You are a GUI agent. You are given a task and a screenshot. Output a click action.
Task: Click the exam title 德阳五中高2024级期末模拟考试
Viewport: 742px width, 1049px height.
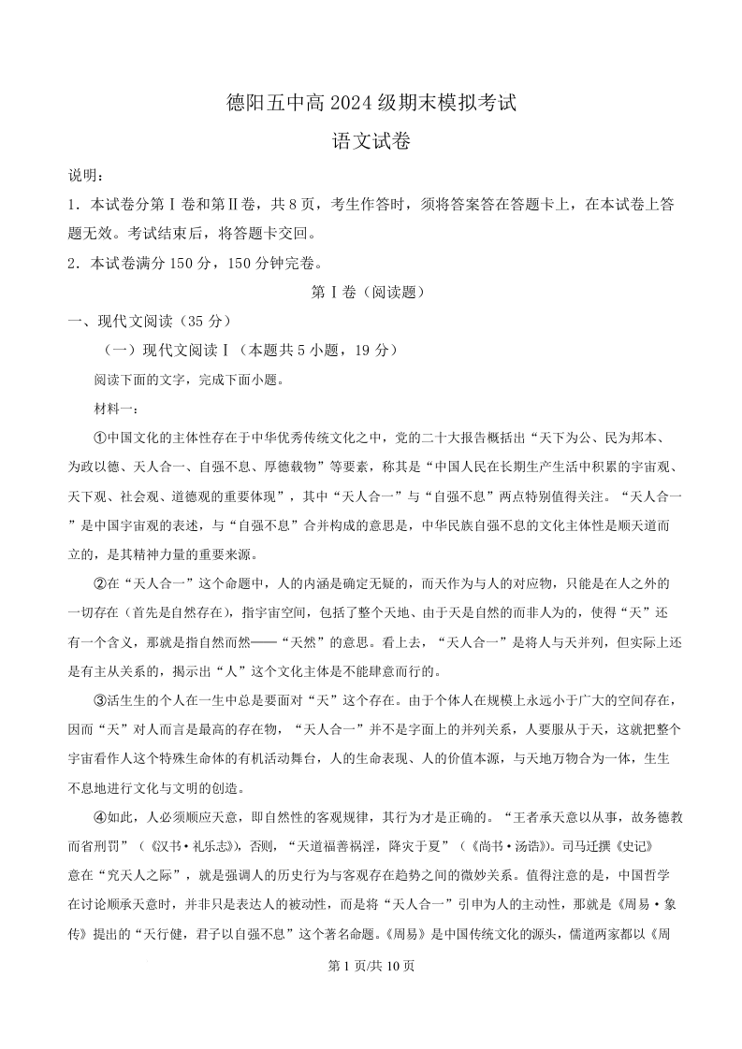point(371,102)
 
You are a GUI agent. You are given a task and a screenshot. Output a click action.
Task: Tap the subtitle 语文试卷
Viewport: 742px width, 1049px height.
point(371,143)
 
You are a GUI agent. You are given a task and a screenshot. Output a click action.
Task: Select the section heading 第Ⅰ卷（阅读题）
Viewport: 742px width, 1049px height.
point(371,292)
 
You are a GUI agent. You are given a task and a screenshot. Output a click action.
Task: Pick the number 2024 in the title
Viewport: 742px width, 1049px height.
point(354,102)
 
